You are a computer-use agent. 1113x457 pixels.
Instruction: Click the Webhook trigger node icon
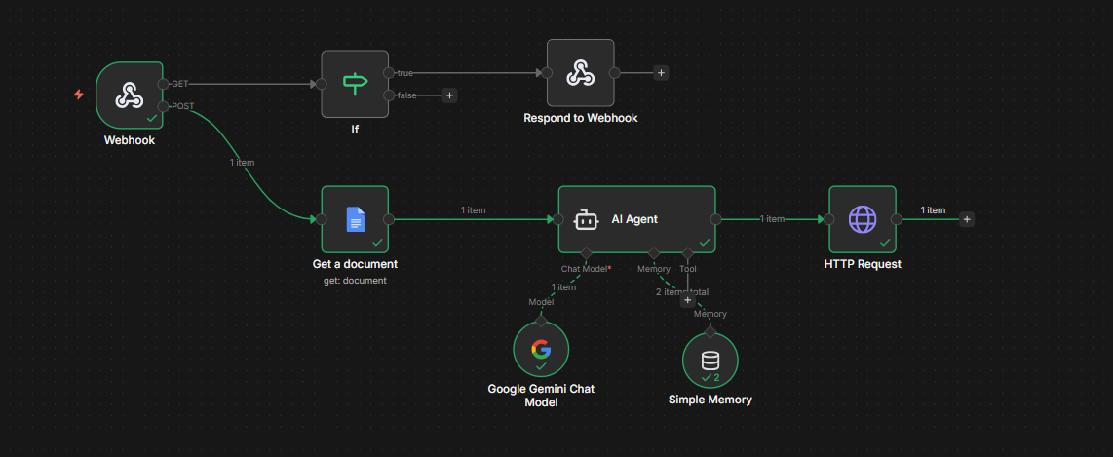tap(130, 95)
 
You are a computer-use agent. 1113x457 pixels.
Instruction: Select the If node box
tap(355, 84)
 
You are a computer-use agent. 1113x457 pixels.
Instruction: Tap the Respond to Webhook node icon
tap(580, 72)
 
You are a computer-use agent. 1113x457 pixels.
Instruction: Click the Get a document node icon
tap(355, 219)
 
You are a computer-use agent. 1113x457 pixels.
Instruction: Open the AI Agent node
tap(636, 219)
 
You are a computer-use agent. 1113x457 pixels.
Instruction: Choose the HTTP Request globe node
tap(863, 219)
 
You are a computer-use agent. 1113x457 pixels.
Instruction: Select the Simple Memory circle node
tap(710, 361)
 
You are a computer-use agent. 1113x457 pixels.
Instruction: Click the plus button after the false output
tap(449, 95)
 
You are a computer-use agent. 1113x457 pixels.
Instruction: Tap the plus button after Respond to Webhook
tap(661, 72)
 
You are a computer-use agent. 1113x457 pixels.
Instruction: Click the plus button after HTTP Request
tap(966, 219)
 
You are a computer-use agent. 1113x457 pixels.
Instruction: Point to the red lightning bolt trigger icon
tap(79, 95)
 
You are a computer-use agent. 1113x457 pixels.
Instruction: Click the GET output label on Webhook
tap(179, 84)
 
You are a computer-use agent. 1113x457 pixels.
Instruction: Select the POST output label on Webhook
tap(182, 106)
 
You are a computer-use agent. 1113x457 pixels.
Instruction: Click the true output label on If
tap(404, 72)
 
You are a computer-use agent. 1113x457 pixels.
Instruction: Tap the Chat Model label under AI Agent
tap(587, 269)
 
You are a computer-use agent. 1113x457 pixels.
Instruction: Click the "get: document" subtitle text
tap(355, 281)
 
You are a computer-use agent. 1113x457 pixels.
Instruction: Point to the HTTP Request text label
tap(863, 264)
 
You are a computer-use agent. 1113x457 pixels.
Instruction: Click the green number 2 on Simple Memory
tap(716, 377)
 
